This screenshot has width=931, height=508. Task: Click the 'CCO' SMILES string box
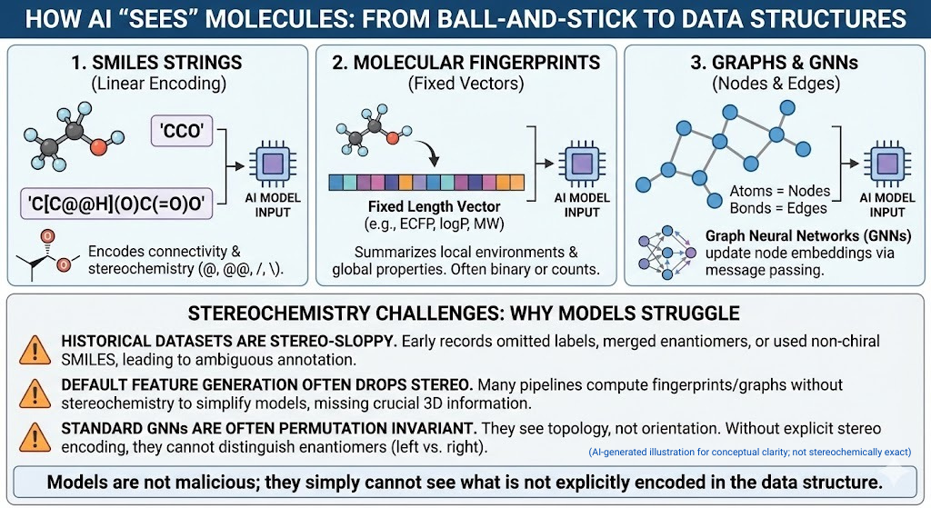pyautogui.click(x=182, y=131)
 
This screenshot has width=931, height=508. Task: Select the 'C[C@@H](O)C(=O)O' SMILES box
pyautogui.click(x=116, y=204)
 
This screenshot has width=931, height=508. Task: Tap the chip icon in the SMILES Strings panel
pyautogui.click(x=273, y=164)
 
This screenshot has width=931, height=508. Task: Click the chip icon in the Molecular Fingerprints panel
pyautogui.click(x=581, y=164)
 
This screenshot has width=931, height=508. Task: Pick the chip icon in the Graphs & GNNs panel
pyautogui.click(x=887, y=164)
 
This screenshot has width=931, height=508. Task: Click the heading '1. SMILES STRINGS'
pyautogui.click(x=156, y=63)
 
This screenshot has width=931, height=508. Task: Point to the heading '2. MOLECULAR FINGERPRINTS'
pyautogui.click(x=466, y=63)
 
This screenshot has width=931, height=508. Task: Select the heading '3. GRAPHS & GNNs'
pyautogui.click(x=775, y=63)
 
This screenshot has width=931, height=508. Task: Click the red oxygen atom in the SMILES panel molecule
pyautogui.click(x=98, y=146)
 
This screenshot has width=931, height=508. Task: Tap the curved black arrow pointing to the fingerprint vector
pyautogui.click(x=429, y=152)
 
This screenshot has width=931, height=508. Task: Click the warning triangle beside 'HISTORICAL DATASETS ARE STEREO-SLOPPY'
pyautogui.click(x=35, y=350)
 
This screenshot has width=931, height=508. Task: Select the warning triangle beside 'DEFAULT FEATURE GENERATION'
pyautogui.click(x=35, y=394)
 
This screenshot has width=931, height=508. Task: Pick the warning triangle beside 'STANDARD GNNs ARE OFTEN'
pyautogui.click(x=35, y=437)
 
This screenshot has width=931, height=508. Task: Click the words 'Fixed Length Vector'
pyautogui.click(x=434, y=206)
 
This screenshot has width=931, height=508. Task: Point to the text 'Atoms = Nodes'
pyautogui.click(x=779, y=191)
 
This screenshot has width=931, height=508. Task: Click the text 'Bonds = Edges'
pyautogui.click(x=778, y=208)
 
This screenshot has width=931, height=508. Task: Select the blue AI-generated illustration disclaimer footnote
pyautogui.click(x=749, y=453)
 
